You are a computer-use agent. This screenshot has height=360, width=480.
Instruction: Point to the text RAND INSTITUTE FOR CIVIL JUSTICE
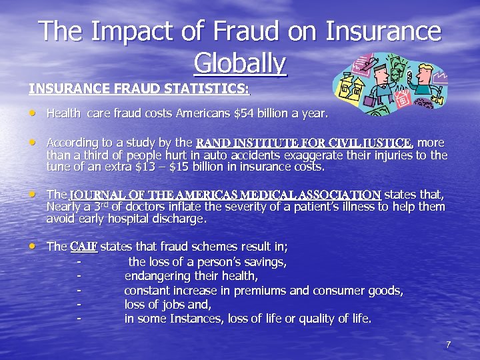[x=305, y=143]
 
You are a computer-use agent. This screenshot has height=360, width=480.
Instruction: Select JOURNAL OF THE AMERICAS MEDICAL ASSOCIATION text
[x=225, y=195]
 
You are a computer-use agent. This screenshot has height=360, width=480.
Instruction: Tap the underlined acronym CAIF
[x=83, y=247]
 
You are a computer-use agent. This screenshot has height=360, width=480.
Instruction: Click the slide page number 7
[x=448, y=345]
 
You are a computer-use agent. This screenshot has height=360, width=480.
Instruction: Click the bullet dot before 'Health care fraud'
[x=33, y=114]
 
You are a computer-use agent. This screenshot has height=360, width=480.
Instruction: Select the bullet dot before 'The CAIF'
[x=33, y=246]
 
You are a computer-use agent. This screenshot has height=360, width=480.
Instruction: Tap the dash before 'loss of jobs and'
[x=79, y=305]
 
